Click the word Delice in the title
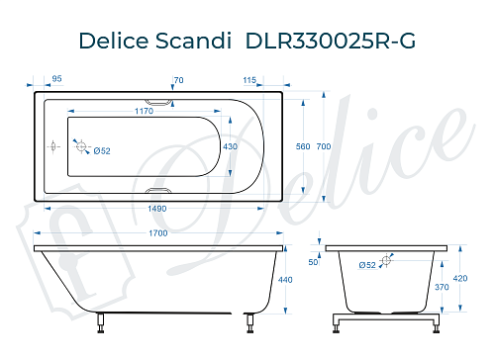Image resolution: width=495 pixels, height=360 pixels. [115, 38]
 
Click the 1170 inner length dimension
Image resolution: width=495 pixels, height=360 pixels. [144, 111]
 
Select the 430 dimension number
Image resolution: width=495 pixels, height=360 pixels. [231, 146]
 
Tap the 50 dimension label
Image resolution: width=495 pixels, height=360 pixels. [313, 263]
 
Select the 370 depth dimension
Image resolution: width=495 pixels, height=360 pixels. [443, 287]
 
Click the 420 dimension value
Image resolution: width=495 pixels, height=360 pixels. [460, 279]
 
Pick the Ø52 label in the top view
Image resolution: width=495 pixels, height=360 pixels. [101, 150]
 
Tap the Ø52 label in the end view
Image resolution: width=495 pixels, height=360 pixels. [367, 265]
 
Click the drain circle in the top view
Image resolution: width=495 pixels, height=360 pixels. [82, 146]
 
